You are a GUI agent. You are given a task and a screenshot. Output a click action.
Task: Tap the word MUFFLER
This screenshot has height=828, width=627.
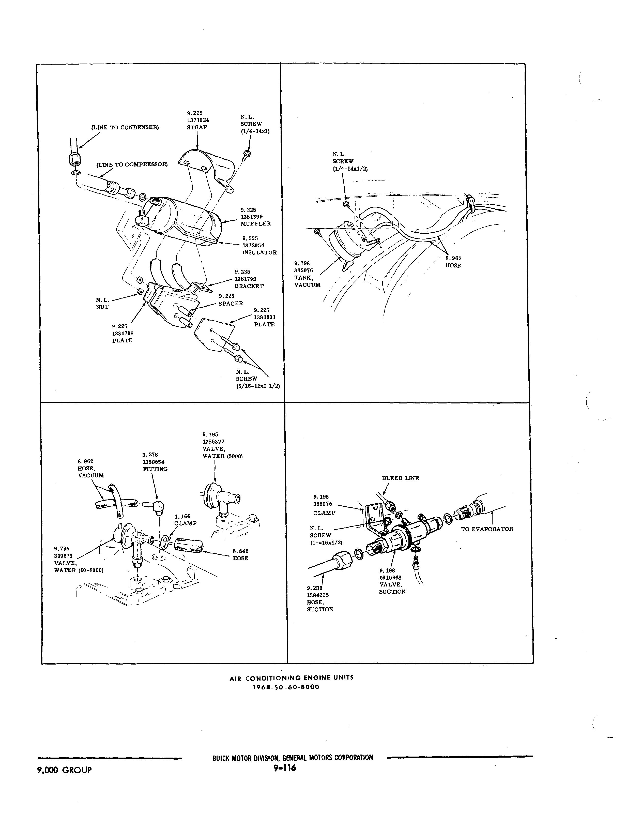click(256, 223)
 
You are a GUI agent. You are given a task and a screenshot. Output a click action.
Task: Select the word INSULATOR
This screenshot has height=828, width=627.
click(259, 252)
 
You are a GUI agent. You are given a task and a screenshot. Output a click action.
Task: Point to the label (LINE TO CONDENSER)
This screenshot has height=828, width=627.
click(125, 127)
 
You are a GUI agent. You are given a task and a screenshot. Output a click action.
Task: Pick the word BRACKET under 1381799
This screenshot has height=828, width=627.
click(249, 286)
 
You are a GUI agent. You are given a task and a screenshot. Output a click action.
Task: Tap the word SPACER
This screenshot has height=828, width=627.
click(231, 303)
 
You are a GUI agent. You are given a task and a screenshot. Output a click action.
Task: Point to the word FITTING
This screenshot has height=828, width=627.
click(155, 469)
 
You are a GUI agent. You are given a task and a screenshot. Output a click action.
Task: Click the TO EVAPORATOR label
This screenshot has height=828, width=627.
click(487, 529)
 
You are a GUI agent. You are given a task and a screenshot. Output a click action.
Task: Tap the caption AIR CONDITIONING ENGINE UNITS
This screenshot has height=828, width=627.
click(291, 678)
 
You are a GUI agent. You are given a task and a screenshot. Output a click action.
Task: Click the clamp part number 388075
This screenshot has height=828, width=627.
click(323, 504)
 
